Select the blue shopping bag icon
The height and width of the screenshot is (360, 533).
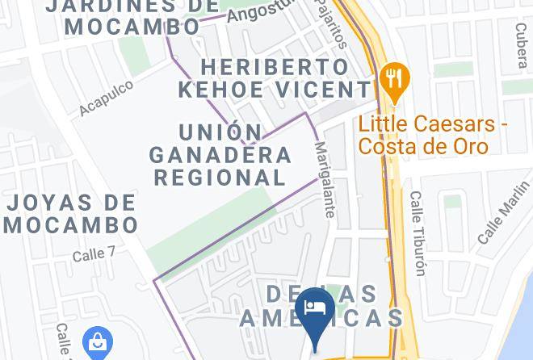coord(97,343)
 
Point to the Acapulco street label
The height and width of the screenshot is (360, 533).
coord(106,98)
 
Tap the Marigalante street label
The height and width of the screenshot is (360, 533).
coord(324,180)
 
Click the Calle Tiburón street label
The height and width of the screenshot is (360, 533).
coord(417,233)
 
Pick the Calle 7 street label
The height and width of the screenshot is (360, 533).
coord(94,254)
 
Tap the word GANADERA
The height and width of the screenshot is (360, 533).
coord(220,153)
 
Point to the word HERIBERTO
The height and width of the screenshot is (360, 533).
coord(263,66)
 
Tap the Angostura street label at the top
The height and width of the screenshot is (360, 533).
coord(258,11)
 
